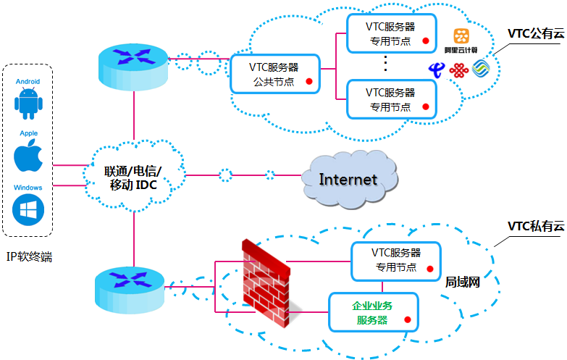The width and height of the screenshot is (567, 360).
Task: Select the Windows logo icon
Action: click(x=29, y=210)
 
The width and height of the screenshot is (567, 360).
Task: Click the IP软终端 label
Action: click(x=29, y=256)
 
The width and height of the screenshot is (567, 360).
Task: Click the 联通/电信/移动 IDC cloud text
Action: click(x=134, y=178)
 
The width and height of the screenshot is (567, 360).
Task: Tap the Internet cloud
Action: click(x=348, y=178)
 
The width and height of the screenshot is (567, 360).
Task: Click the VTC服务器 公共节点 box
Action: click(x=274, y=73)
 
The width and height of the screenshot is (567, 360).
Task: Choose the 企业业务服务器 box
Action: click(x=373, y=312)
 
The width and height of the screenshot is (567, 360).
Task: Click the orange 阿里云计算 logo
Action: click(x=461, y=38)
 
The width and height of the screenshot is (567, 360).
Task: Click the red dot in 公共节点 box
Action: click(x=309, y=81)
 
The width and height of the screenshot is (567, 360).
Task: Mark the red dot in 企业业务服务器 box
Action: click(x=408, y=319)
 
